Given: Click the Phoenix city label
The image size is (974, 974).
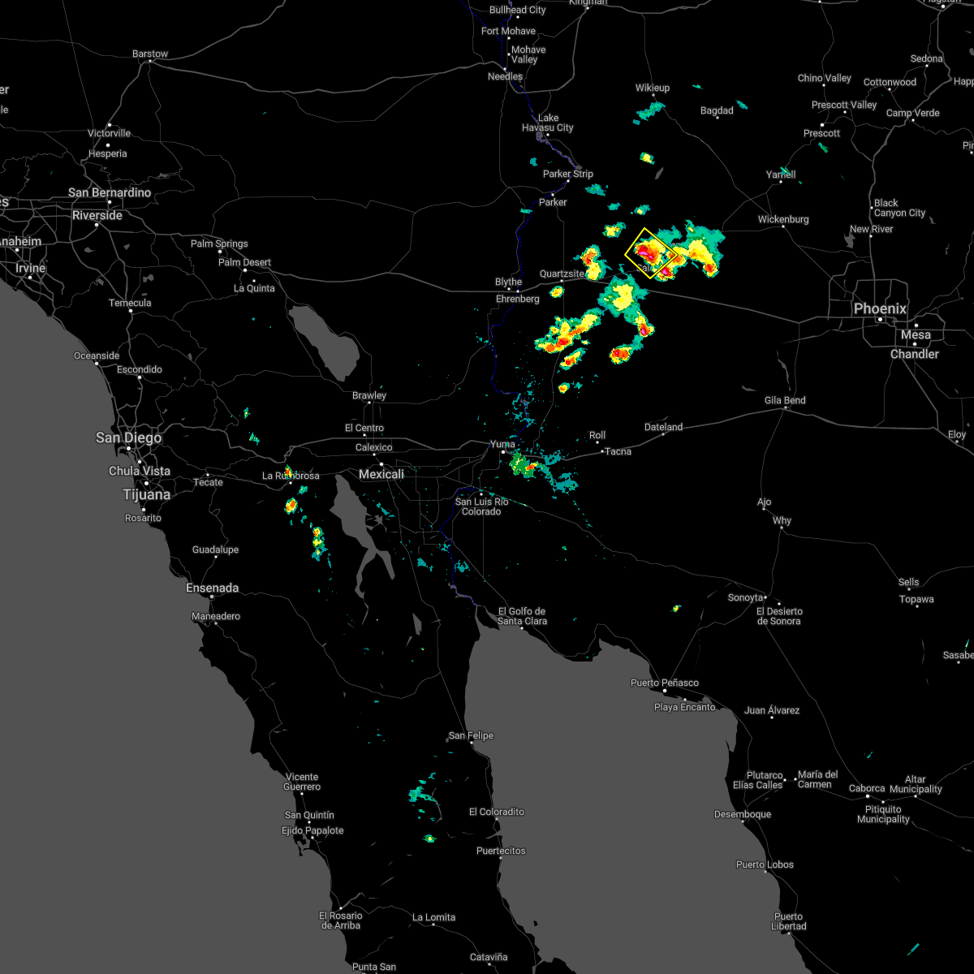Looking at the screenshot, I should pos(880,308).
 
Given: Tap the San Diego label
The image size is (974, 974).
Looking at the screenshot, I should pos(128,437).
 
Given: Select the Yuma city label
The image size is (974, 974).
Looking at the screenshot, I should pos(502,444).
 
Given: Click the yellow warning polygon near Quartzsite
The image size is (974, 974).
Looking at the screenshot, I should pos(649,253).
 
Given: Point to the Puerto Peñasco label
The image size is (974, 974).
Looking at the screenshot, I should pos(664,683).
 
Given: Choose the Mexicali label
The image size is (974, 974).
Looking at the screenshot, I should pos(381,474).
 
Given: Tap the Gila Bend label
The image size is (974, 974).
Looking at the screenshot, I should pos(785,400).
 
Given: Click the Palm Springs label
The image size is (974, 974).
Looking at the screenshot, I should pos(219,243).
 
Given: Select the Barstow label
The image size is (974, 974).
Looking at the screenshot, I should pos(150,54).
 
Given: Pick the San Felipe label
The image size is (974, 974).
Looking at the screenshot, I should pos(471,735).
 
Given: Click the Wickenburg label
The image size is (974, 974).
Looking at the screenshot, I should pos(783,219).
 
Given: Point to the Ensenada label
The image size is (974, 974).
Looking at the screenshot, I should pos(212,588).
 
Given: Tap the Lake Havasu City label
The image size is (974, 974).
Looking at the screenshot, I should pos(548,123).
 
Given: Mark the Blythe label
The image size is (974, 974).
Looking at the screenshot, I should pos(509,282).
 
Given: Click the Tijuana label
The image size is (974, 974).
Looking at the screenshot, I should pos(146,494).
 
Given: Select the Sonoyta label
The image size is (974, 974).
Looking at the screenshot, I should pos(745,597).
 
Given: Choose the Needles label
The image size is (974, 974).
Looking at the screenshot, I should pos(505,76).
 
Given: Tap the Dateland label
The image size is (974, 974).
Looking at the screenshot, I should pos(663,427).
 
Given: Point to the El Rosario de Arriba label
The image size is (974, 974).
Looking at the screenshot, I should pos(340,920).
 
